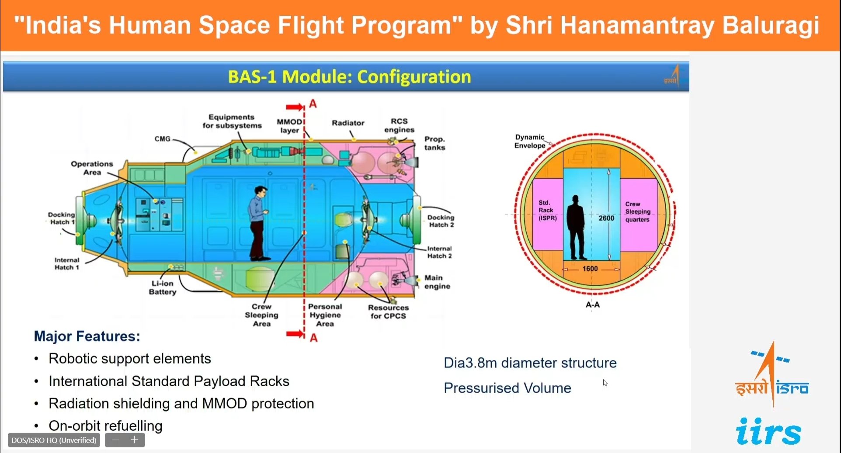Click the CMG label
coord(162,139)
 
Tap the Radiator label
coord(348,123)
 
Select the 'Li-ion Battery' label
coord(163,287)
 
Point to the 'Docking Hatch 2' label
coord(441,221)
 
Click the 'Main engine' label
coord(437,282)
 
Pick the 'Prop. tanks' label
coord(434,143)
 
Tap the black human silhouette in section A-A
coord(576,227)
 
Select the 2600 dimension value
coord(606,218)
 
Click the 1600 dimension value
coord(590,269)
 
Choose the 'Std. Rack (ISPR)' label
coord(547,210)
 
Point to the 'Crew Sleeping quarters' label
coord(638,212)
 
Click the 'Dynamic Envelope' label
coord(529,141)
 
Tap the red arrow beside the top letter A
coord(295,107)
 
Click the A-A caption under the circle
coord(593,304)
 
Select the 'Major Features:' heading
coord(87,336)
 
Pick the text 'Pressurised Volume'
coord(507,388)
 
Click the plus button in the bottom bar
coord(135,440)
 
